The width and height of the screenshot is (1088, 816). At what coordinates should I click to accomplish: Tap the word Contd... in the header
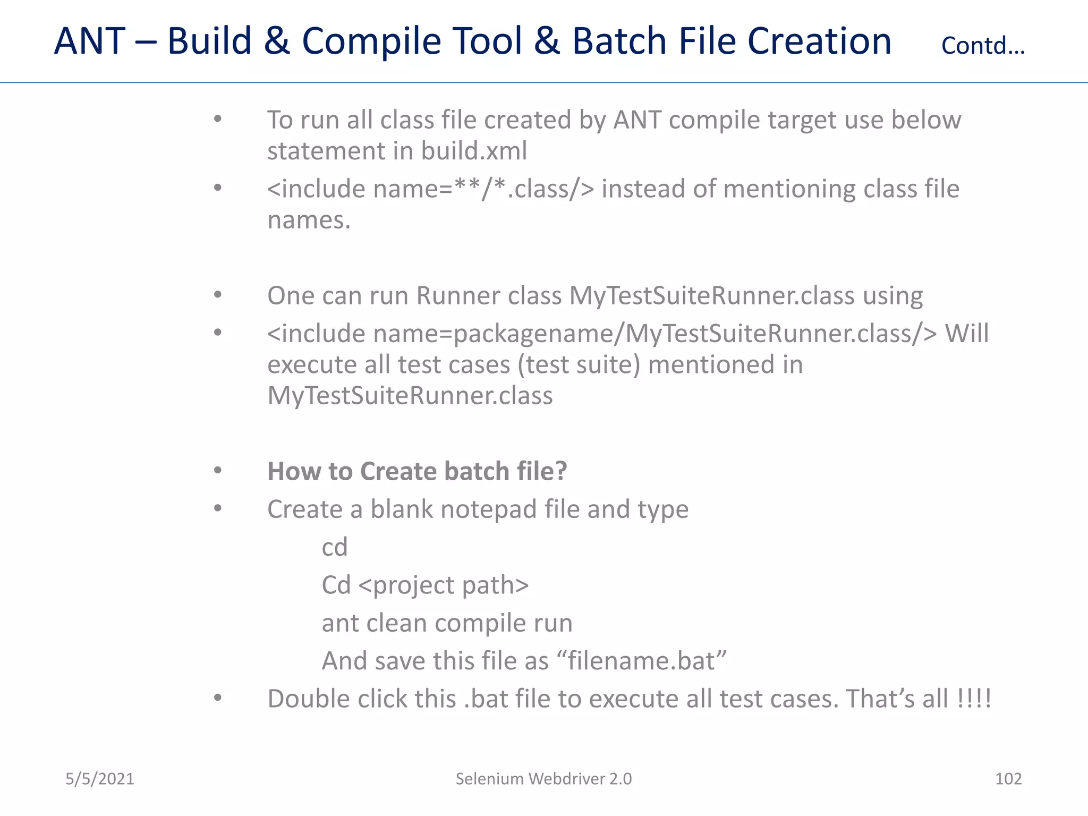pyautogui.click(x=983, y=46)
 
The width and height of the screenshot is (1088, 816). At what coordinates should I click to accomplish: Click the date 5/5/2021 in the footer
pyautogui.click(x=99, y=779)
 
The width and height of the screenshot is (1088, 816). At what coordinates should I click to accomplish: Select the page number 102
pyautogui.click(x=1008, y=779)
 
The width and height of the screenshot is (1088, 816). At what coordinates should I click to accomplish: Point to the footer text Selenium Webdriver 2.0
pyautogui.click(x=543, y=779)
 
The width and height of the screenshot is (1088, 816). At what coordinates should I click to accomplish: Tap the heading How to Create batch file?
pyautogui.click(x=417, y=471)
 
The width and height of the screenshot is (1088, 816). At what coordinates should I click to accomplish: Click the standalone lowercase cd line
pyautogui.click(x=334, y=547)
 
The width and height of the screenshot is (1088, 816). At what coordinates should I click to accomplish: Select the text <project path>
pyautogui.click(x=444, y=585)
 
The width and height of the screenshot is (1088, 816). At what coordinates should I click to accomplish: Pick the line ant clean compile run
pyautogui.click(x=447, y=623)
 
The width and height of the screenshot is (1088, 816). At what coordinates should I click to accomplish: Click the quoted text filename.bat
pyautogui.click(x=641, y=661)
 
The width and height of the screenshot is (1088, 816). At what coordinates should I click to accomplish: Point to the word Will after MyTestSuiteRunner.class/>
pyautogui.click(x=966, y=334)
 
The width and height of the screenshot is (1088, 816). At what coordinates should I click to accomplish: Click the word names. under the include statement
pyautogui.click(x=309, y=220)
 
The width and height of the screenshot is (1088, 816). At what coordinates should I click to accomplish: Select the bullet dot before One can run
pyautogui.click(x=217, y=295)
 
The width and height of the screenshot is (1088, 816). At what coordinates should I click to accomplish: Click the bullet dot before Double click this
pyautogui.click(x=217, y=698)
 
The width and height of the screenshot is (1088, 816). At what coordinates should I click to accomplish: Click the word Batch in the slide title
pyautogui.click(x=619, y=41)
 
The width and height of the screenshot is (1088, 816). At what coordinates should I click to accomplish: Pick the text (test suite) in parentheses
pyautogui.click(x=579, y=365)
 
